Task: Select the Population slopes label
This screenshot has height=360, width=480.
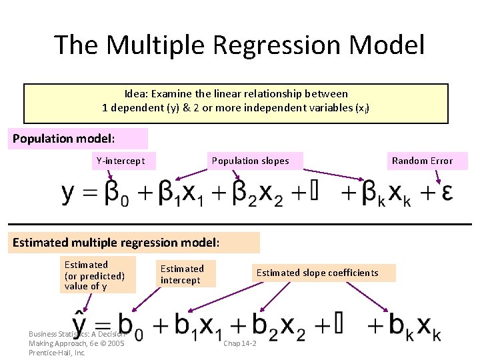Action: tap(251, 161)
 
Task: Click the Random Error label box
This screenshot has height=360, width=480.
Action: tap(422, 161)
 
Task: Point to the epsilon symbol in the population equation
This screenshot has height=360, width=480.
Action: tap(447, 193)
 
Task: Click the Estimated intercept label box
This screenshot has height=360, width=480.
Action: tap(182, 274)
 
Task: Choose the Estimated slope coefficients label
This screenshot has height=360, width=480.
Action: tap(317, 273)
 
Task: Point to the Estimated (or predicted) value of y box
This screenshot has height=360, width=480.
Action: tap(95, 275)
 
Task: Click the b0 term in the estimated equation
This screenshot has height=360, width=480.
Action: tap(127, 326)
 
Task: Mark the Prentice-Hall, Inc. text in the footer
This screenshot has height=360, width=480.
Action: tap(57, 353)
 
